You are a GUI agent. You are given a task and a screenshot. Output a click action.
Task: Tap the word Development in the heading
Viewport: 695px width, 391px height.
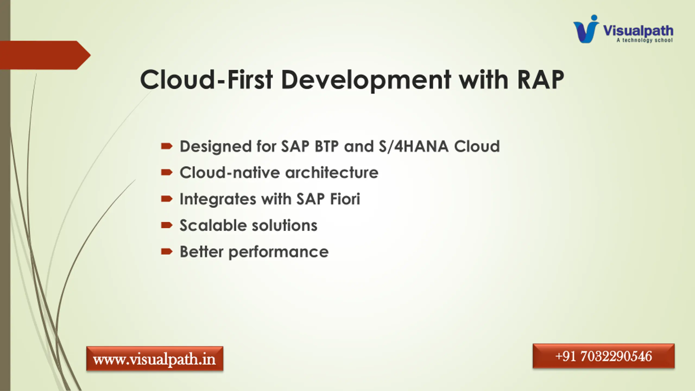pyautogui.click(x=366, y=80)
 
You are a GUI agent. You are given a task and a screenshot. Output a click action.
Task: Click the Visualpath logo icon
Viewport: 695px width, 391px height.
pyautogui.click(x=586, y=29)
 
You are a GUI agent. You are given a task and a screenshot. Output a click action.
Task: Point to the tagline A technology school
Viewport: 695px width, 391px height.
pyautogui.click(x=645, y=40)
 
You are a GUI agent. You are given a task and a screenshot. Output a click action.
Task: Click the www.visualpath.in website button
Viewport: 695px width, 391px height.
pyautogui.click(x=155, y=359)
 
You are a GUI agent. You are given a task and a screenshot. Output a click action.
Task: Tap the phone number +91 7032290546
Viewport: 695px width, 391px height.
pyautogui.click(x=604, y=356)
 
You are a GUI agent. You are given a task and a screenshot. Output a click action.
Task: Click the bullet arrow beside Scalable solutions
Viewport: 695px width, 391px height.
pyautogui.click(x=167, y=225)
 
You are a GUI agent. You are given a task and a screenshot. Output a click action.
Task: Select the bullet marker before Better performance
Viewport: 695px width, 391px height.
pyautogui.click(x=167, y=251)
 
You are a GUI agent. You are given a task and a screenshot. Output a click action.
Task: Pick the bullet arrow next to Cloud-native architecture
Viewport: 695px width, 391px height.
pyautogui.click(x=167, y=172)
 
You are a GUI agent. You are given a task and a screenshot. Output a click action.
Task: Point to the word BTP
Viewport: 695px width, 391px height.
pyautogui.click(x=327, y=146)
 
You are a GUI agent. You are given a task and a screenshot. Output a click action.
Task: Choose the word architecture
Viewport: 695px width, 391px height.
pyautogui.click(x=332, y=172)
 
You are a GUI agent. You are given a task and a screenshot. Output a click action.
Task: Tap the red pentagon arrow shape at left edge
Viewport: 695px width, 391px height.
pyautogui.click(x=45, y=55)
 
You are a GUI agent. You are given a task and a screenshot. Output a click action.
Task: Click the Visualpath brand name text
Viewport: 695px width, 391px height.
pyautogui.click(x=638, y=31)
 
